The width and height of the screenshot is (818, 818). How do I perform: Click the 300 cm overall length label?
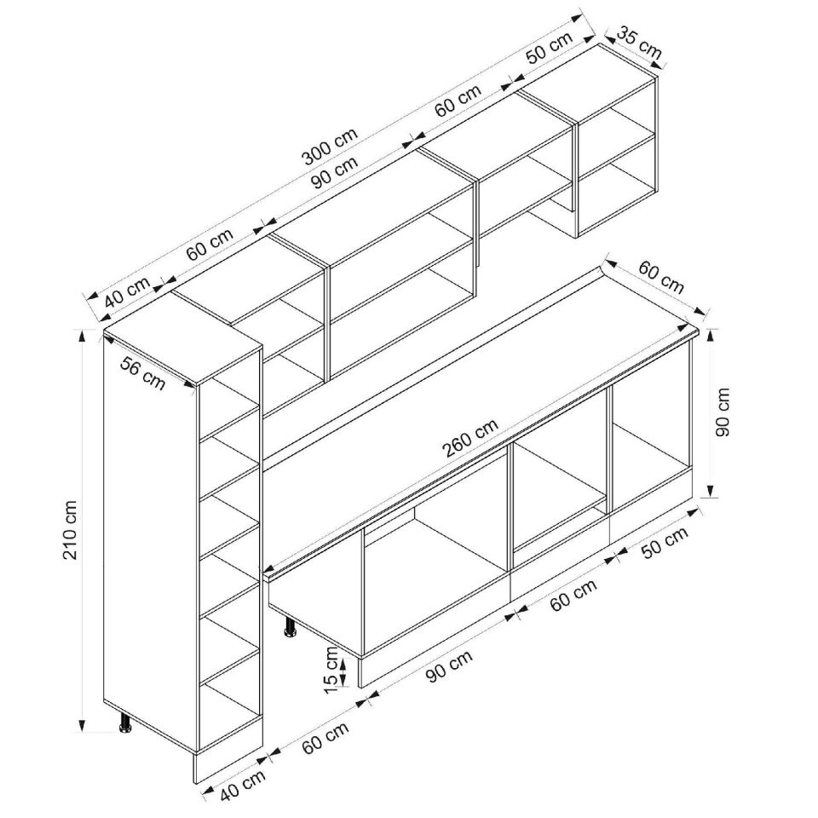(x=331, y=145)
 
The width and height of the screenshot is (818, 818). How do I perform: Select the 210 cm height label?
(x=70, y=529)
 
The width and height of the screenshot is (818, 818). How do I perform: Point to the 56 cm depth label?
(x=142, y=372)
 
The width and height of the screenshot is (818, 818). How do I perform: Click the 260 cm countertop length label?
(x=470, y=438)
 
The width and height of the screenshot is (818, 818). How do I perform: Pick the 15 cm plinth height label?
(x=331, y=670)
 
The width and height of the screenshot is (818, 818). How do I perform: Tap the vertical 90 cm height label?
(x=723, y=412)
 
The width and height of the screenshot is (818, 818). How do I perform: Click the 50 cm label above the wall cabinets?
(x=549, y=48)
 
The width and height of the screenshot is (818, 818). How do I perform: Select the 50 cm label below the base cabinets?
(x=665, y=543)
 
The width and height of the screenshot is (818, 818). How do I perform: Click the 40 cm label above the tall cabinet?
(x=127, y=292)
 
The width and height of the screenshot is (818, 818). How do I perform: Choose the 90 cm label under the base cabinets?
(x=449, y=665)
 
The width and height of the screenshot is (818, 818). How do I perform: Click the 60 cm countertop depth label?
(x=661, y=278)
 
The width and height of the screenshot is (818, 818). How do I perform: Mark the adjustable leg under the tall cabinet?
(x=124, y=723)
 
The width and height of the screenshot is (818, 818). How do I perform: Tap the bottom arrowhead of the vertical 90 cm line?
(x=710, y=491)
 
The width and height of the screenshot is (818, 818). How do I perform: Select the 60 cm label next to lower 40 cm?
(x=325, y=737)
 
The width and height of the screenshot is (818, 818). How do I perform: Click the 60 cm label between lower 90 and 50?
(x=573, y=596)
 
